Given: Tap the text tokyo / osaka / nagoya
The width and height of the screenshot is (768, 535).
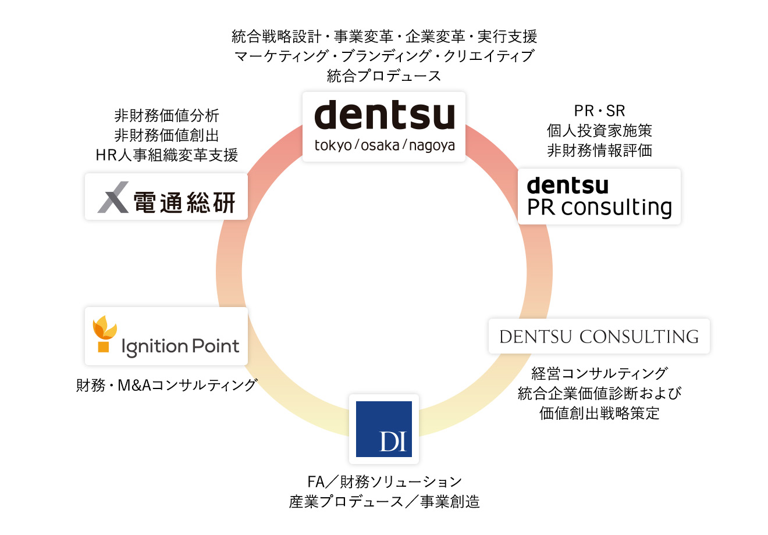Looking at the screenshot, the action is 385,145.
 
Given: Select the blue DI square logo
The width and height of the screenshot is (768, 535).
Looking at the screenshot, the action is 384,429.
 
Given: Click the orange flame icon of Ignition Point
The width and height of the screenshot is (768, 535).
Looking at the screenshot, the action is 105,334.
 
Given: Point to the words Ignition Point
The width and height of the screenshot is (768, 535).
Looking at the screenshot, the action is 180,347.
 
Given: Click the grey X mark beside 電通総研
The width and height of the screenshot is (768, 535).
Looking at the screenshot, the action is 113,197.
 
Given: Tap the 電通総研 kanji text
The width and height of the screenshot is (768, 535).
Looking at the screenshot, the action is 184,202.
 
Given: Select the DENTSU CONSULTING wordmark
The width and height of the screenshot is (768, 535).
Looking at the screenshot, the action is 599,337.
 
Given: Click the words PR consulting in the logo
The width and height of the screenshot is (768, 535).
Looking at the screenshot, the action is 599,208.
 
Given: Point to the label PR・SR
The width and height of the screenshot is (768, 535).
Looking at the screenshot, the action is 599,110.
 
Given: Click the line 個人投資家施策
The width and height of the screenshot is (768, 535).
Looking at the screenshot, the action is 599,130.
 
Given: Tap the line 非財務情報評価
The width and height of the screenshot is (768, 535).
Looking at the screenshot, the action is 599,150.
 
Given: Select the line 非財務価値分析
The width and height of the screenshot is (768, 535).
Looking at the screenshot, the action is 166,116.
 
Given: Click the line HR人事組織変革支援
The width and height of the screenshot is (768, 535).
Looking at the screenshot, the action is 166,155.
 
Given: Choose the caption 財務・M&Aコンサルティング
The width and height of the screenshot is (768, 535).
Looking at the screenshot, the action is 166,385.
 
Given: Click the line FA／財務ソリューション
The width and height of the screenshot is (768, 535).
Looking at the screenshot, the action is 385,482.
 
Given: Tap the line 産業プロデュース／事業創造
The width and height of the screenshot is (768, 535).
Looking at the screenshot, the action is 385,502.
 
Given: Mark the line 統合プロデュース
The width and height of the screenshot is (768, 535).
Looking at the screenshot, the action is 384,76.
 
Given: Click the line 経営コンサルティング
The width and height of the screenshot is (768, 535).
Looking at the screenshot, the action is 599,373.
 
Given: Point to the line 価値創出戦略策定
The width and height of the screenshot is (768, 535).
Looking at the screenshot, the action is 599,413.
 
